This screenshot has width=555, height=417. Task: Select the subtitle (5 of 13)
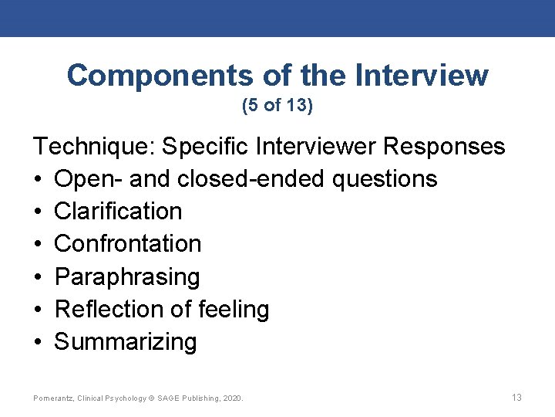point(277,106)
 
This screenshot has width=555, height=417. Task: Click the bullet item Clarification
point(118,211)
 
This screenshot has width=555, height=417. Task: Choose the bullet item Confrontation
point(128,243)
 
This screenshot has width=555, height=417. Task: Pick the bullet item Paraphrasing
point(127,276)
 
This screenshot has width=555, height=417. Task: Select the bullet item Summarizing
point(126,341)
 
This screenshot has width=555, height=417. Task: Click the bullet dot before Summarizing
point(38,341)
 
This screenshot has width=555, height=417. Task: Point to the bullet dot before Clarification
point(38,211)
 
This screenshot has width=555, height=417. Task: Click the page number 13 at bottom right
point(516,398)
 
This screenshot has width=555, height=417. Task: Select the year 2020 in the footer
point(232,398)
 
